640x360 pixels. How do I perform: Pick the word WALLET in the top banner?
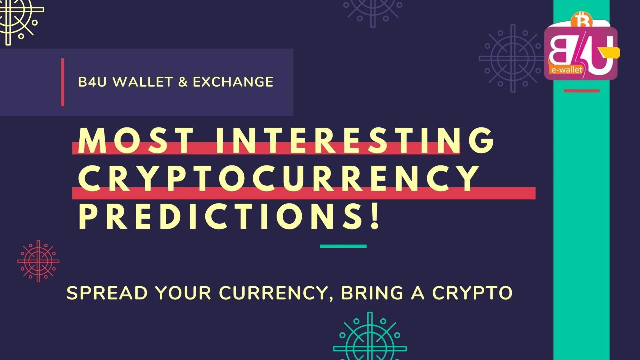143,82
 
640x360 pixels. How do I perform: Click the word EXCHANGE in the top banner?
233,82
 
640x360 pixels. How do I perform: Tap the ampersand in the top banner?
183,82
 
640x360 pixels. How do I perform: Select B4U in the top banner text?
92,82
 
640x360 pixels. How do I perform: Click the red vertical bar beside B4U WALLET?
63,82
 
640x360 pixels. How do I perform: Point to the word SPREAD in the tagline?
107,293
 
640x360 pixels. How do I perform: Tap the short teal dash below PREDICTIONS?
343,246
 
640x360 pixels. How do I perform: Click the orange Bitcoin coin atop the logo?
581,20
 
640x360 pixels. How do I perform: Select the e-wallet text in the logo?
567,70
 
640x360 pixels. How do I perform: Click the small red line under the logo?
581,91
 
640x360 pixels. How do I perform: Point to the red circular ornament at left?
38,261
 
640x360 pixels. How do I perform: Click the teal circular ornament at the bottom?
370,340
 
